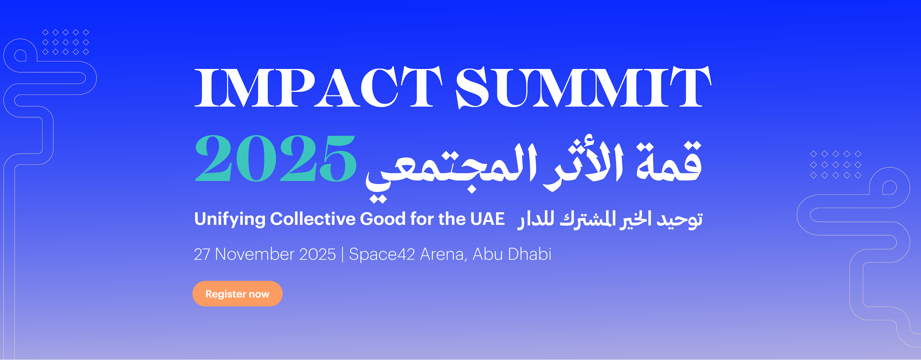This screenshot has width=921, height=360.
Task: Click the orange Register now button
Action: pyautogui.click(x=237, y=294)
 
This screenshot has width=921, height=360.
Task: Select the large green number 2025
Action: pyautogui.click(x=276, y=158)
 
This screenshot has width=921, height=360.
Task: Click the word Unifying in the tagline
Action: pyautogui.click(x=230, y=219)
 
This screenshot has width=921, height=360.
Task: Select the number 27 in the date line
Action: pyautogui.click(x=202, y=254)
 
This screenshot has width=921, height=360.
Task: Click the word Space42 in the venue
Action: pyautogui.click(x=382, y=254)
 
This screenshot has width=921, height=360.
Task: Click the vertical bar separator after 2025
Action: pyautogui.click(x=342, y=254)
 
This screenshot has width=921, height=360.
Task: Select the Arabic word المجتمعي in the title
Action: pyautogui.click(x=451, y=172)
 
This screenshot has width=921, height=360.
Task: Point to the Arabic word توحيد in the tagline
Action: pyautogui.click(x=680, y=220)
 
